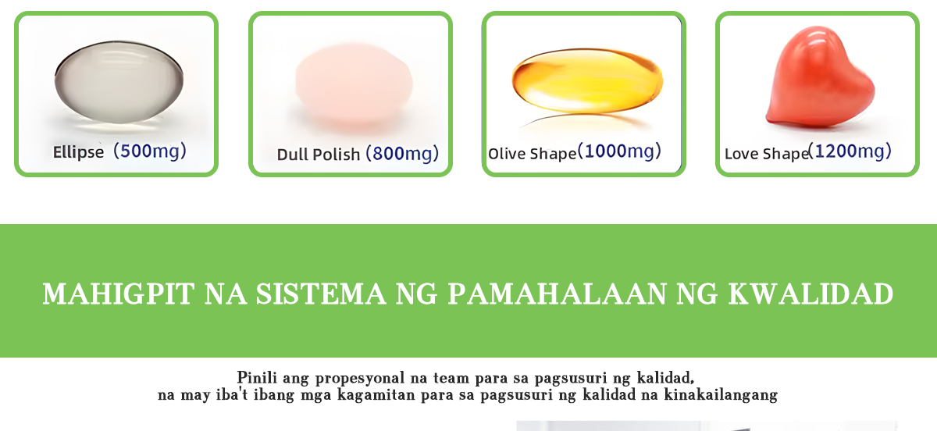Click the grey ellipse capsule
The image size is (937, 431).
point(119,82)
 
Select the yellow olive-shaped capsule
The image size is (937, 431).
point(587,80)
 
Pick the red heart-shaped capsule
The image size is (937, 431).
point(821,77)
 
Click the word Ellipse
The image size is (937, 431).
point(78,152)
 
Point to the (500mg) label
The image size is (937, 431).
point(150,151)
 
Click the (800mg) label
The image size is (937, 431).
point(402,154)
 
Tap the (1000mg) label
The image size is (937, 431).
point(619,151)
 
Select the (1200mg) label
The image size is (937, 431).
point(850,151)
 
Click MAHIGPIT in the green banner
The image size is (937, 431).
point(119,294)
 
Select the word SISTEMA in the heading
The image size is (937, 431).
point(321,294)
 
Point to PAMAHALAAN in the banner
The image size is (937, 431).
point(557,294)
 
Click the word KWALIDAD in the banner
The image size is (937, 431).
point(811,294)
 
